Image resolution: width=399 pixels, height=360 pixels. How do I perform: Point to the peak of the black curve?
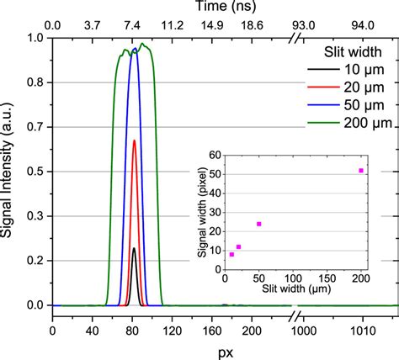[134, 248]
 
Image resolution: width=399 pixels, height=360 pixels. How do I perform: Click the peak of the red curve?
[134, 140]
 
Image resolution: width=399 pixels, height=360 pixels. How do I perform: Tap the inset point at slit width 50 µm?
[258, 224]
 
